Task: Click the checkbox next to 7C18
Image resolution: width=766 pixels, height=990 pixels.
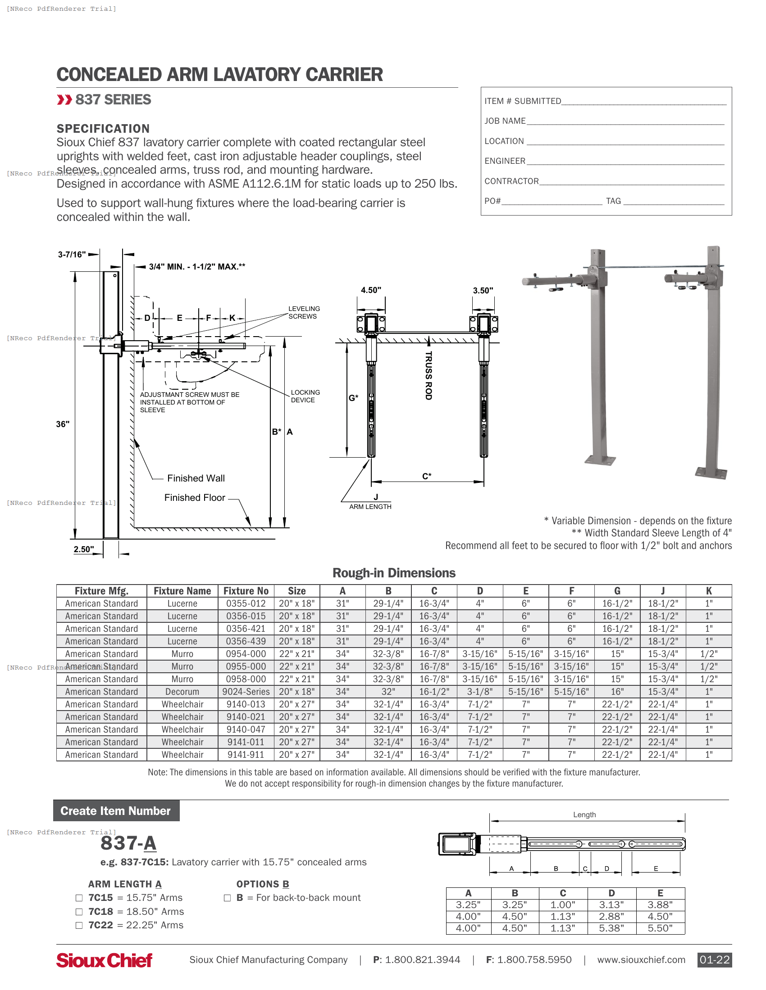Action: click(x=79, y=912)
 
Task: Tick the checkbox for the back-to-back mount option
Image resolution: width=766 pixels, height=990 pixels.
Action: click(x=227, y=898)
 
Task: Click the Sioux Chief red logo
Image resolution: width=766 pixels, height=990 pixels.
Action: click(x=104, y=960)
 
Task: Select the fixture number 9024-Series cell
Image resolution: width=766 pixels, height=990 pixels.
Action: click(x=246, y=692)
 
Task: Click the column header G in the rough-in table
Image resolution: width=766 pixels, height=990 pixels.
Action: click(x=617, y=591)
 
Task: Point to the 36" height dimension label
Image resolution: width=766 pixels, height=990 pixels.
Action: click(x=63, y=424)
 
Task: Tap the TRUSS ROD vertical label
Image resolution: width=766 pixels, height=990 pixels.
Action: click(x=428, y=375)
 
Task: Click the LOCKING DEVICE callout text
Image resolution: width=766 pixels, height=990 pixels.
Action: click(x=305, y=396)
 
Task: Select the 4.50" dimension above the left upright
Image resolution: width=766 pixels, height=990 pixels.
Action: click(x=371, y=290)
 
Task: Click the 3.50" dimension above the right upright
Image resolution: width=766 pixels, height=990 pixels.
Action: click(x=483, y=291)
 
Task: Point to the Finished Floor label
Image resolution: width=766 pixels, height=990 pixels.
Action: click(x=194, y=498)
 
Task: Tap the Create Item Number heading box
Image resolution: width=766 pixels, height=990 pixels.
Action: click(x=116, y=810)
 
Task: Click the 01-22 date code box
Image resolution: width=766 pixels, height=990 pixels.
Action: click(x=714, y=960)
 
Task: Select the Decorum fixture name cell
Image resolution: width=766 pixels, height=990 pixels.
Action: click(x=182, y=692)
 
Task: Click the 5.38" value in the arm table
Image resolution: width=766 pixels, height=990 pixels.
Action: click(x=611, y=928)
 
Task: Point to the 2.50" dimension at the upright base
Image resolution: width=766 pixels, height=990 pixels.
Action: click(x=83, y=549)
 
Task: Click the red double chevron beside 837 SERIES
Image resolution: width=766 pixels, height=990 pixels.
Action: click(x=64, y=100)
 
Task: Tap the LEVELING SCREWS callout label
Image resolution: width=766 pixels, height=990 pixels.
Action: click(x=304, y=312)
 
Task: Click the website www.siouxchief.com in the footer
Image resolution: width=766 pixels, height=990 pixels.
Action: click(x=641, y=960)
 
